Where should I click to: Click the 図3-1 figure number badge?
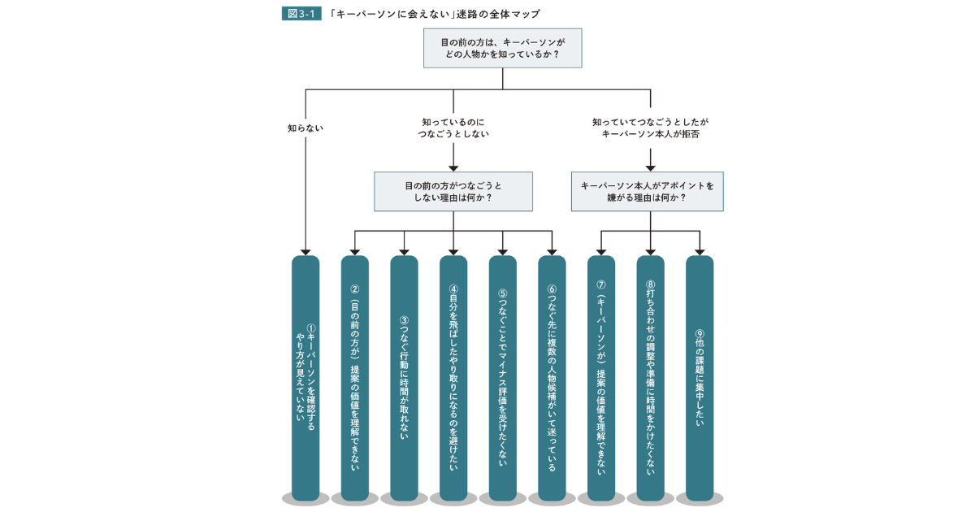(x=301, y=14)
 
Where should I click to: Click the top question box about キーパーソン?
(x=502, y=48)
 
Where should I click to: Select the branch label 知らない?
(x=305, y=128)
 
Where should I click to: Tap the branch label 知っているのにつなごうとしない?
(x=453, y=128)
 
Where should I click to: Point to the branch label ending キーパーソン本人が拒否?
(x=650, y=128)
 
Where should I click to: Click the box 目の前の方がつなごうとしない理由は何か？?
(x=453, y=192)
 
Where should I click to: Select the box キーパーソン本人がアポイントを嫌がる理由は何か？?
(x=648, y=192)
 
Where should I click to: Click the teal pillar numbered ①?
(x=305, y=378)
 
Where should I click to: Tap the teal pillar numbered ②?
(x=355, y=378)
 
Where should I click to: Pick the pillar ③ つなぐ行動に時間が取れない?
(x=404, y=378)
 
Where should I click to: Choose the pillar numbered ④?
(x=453, y=378)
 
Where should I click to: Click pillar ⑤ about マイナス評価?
(x=502, y=378)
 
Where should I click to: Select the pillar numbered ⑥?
(x=552, y=378)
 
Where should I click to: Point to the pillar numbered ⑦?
(x=601, y=378)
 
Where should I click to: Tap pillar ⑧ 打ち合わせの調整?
(x=650, y=378)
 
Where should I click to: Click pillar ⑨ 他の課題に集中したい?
(x=700, y=378)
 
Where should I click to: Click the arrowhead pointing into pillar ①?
(x=305, y=253)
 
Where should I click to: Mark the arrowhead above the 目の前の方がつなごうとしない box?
(x=453, y=168)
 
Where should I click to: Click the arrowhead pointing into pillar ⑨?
(x=700, y=253)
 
